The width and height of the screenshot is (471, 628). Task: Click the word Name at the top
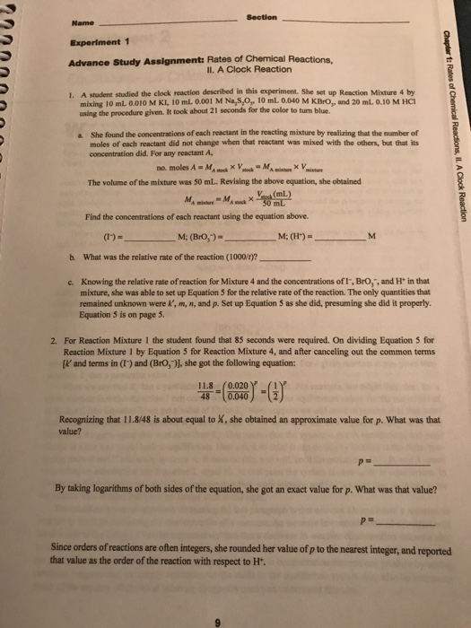(79, 24)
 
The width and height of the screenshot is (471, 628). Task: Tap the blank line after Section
(359, 22)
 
